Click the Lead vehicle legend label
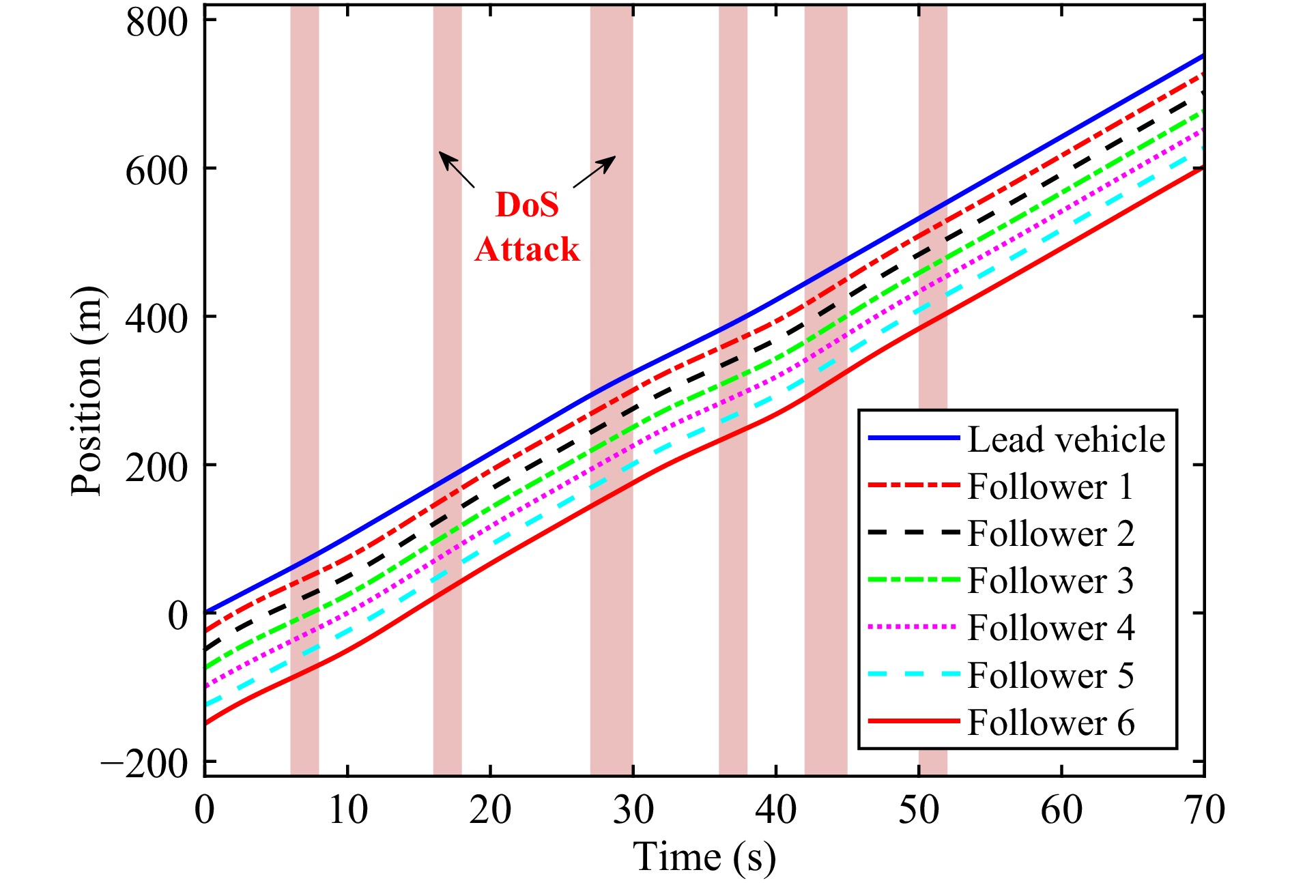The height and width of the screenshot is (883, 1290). tap(1066, 439)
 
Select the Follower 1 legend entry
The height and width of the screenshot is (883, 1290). tap(1050, 487)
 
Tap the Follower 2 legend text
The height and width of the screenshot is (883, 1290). tap(1051, 534)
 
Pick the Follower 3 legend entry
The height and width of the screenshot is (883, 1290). tap(1050, 581)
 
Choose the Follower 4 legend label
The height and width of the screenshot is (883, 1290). tap(1051, 628)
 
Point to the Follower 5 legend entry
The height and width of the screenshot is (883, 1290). tap(1050, 676)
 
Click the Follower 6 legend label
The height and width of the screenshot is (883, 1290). tap(1051, 723)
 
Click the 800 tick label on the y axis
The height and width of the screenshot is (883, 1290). tap(157, 22)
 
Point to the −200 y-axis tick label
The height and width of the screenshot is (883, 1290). tap(144, 763)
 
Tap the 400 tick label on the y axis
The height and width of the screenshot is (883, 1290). tap(157, 318)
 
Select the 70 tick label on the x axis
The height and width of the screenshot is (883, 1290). tap(1204, 811)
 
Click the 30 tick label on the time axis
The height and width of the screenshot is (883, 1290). tap(633, 811)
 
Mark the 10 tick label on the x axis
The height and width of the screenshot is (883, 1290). tap(347, 811)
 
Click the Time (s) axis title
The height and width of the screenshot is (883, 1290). tap(704, 857)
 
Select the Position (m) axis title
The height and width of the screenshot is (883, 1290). tap(87, 391)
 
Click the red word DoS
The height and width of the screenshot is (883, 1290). tap(527, 205)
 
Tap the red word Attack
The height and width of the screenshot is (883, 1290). tap(527, 249)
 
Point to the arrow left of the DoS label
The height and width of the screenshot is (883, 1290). tap(456, 169)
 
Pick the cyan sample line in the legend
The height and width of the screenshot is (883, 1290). tap(913, 674)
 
